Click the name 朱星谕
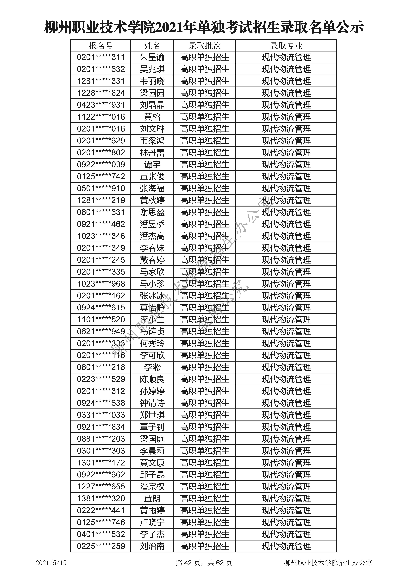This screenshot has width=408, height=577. point(152,57)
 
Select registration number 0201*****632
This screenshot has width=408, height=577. point(101,69)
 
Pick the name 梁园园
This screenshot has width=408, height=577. point(152,93)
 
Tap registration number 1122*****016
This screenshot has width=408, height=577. point(101,117)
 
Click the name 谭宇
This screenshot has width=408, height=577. point(152,165)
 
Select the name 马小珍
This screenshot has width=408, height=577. point(152,284)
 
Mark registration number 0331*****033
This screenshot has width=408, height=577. point(101,415)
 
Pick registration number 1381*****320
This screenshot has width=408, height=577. point(101,498)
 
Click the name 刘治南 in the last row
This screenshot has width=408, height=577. point(152,546)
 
